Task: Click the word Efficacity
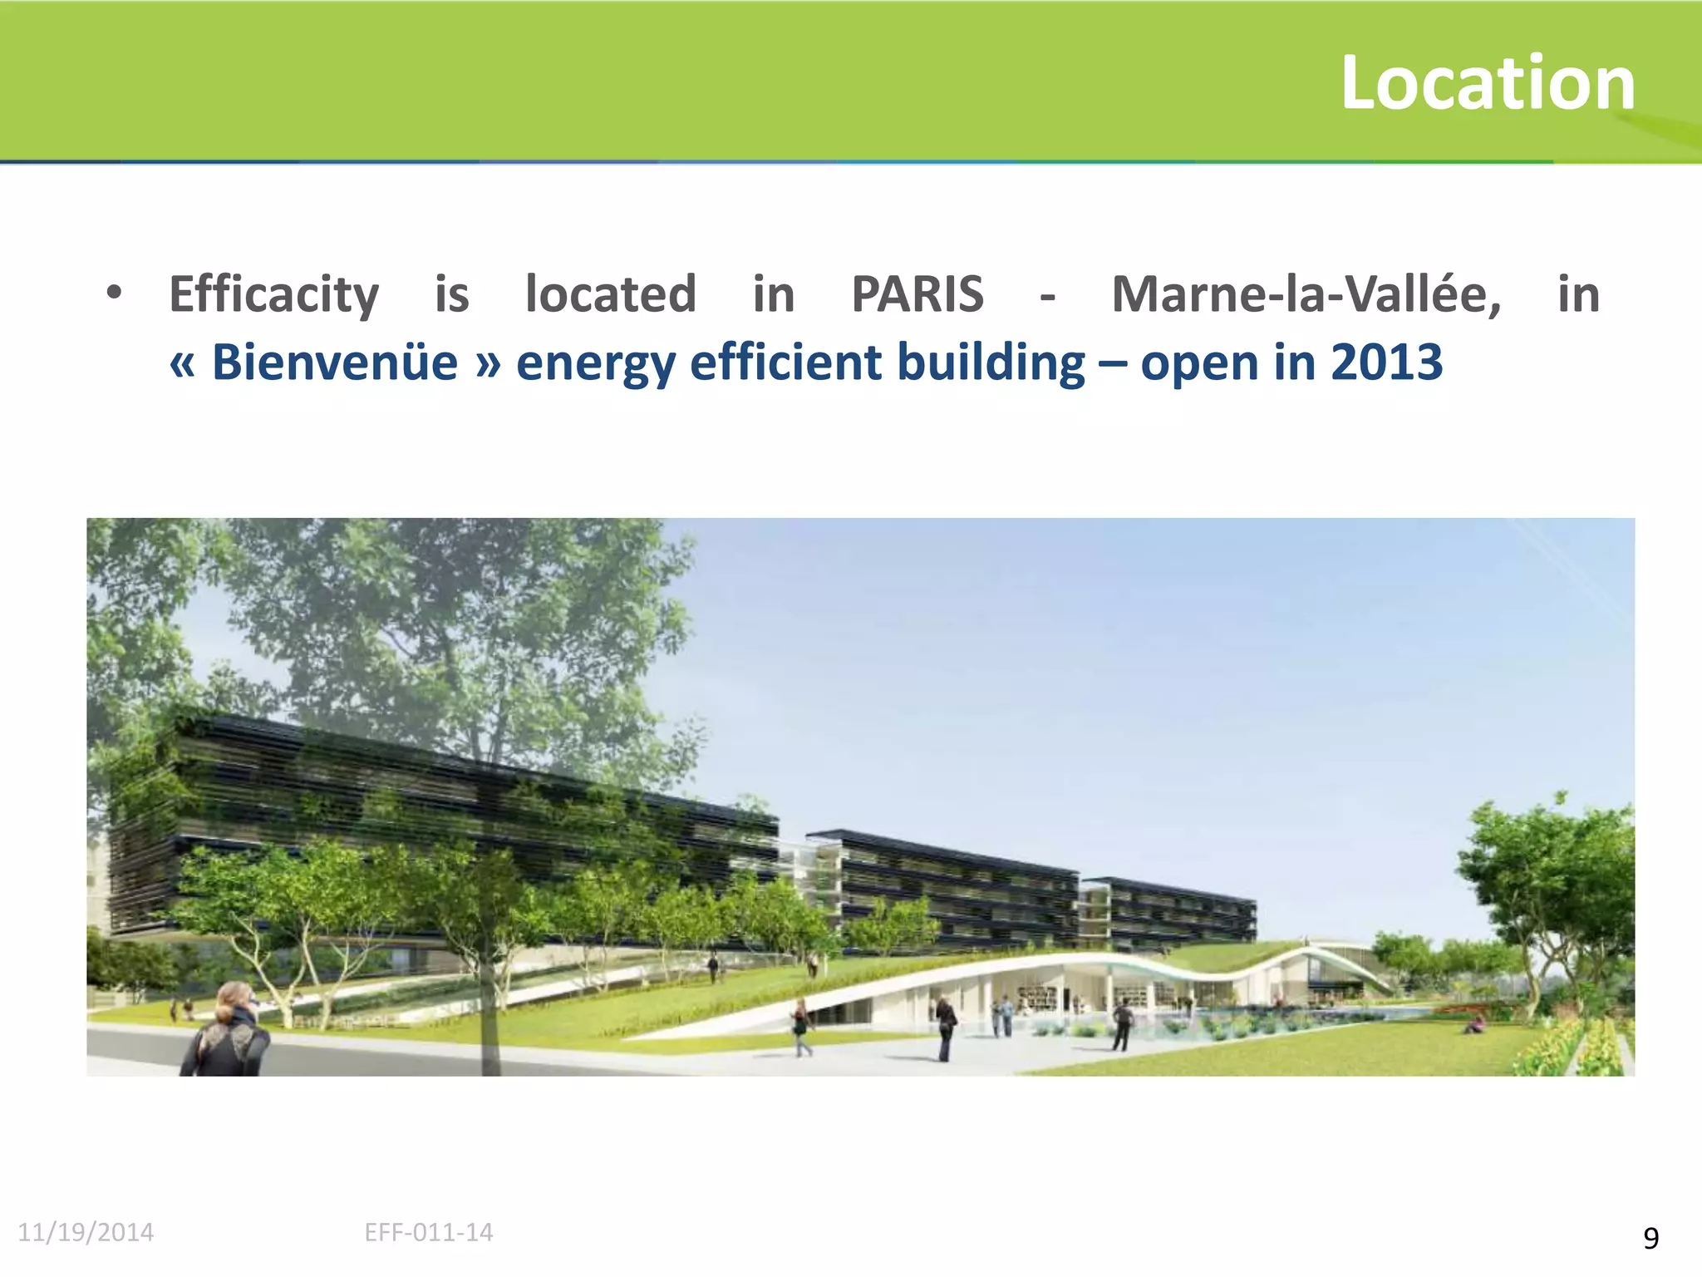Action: click(273, 295)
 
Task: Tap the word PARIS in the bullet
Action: click(917, 294)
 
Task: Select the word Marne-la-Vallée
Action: click(1306, 294)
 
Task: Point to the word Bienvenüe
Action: click(334, 362)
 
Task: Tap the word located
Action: click(611, 294)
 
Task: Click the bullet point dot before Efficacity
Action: click(115, 293)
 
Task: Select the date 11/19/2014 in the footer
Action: click(86, 1232)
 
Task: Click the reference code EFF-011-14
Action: click(429, 1232)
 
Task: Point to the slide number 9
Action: click(1650, 1239)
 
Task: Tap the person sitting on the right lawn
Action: click(1474, 1026)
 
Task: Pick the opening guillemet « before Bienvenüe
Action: click(182, 364)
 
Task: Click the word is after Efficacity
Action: click(452, 294)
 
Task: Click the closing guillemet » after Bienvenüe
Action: click(488, 364)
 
